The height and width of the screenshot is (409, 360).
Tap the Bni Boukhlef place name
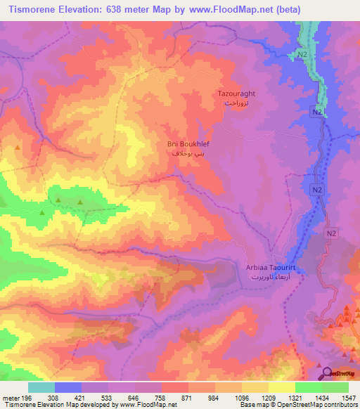[x=188, y=143]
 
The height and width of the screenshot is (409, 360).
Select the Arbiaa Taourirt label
[x=269, y=268]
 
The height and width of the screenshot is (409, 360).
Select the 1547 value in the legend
[x=348, y=397]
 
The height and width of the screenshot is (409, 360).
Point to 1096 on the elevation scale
[x=241, y=397]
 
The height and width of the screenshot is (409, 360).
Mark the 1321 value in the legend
[x=295, y=397]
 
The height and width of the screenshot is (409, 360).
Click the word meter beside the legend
[x=9, y=397]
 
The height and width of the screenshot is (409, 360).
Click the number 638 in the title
[x=123, y=9]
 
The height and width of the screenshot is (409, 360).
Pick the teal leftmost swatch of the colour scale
[x=41, y=387]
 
